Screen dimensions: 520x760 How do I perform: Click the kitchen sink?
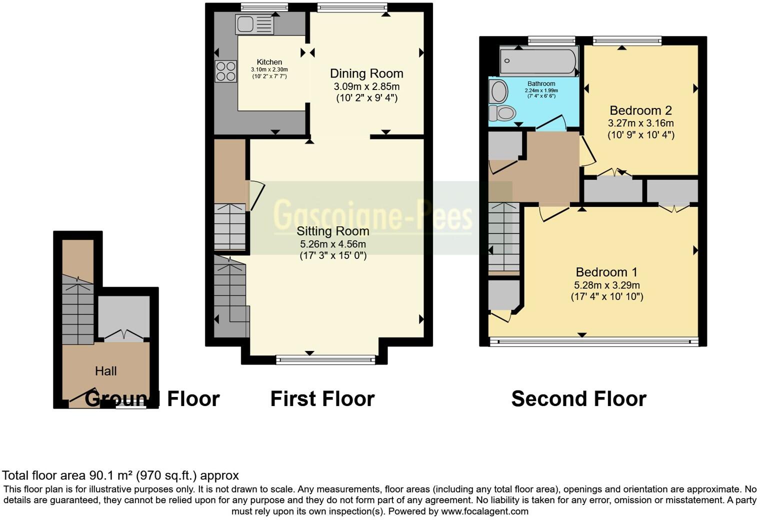(x=254, y=24)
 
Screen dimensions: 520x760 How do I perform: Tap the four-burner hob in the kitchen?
(x=225, y=71)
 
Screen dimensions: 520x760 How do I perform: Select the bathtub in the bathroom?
(x=539, y=61)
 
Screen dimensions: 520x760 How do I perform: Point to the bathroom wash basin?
(x=498, y=91)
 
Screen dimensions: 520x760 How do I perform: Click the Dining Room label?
(x=366, y=73)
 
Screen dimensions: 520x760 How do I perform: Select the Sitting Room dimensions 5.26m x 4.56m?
(x=332, y=244)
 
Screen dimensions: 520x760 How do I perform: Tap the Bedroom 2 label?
(x=640, y=110)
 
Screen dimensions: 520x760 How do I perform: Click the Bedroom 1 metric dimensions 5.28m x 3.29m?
(x=606, y=285)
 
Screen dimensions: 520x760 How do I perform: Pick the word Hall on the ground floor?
(x=105, y=371)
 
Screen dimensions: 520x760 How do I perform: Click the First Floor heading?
(x=322, y=399)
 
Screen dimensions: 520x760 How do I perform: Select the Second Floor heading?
(x=578, y=399)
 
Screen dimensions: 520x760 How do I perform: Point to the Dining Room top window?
(x=352, y=7)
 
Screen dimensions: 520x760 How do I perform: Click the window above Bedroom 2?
(x=627, y=40)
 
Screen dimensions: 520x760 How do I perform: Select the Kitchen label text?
(x=269, y=62)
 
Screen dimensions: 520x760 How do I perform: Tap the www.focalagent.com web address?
(x=484, y=511)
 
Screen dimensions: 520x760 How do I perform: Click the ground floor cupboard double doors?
(x=123, y=335)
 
